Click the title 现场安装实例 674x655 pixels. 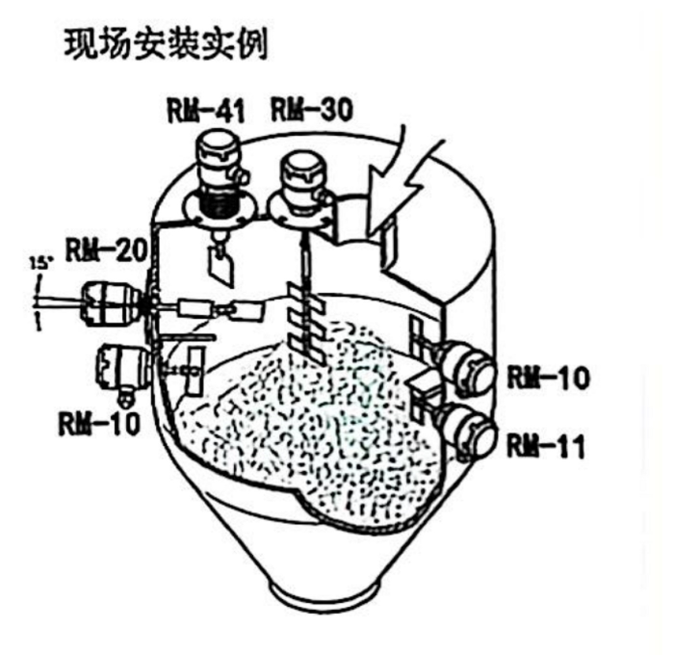[167, 44]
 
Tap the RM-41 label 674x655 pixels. [206, 111]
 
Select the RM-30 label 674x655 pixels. [312, 109]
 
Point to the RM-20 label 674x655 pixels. [107, 249]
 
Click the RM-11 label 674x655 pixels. [546, 446]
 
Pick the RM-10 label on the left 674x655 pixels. [99, 423]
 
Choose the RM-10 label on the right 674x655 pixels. [548, 378]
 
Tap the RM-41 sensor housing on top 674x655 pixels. [219, 171]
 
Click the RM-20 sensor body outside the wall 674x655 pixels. [111, 302]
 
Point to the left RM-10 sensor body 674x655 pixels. [122, 370]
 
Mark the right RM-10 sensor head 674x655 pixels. [465, 369]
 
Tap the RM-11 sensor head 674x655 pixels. [466, 432]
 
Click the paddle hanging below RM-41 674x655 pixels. [221, 266]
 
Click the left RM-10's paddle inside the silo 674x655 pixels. [194, 371]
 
